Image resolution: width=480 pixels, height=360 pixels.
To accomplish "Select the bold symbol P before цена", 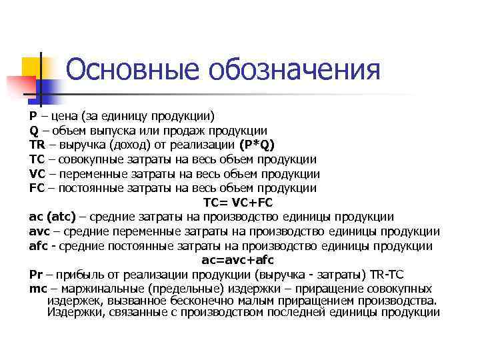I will click(x=33, y=115).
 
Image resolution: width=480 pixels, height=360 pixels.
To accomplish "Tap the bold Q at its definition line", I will click(x=33, y=130).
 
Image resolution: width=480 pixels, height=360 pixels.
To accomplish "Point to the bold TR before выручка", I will click(x=37, y=145).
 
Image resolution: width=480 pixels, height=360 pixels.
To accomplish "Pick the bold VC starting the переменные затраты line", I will click(x=37, y=174).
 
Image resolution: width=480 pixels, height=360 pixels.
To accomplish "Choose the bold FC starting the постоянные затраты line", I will click(x=37, y=188).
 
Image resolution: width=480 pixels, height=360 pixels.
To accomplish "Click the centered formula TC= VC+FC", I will click(x=238, y=203).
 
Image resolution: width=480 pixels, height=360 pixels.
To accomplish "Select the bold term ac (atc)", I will click(x=53, y=217).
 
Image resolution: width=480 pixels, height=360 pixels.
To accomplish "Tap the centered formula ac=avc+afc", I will click(x=238, y=260).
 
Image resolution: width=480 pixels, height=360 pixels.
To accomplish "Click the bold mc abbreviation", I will click(x=37, y=289).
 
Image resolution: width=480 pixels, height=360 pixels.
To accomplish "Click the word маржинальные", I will click(x=100, y=289).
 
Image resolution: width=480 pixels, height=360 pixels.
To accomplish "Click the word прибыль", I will click(x=85, y=275).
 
